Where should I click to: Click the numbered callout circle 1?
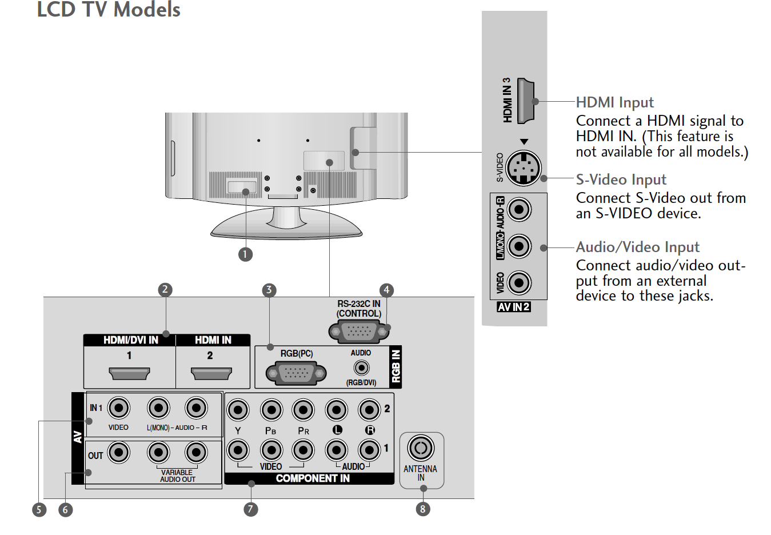click(x=245, y=254)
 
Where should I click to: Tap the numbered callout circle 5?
click(x=39, y=509)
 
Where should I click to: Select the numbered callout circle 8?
click(x=423, y=509)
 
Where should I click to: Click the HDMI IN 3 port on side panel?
click(x=525, y=101)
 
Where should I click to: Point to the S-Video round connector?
click(x=524, y=168)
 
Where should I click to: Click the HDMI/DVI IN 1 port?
click(x=129, y=374)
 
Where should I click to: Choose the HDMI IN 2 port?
click(x=211, y=374)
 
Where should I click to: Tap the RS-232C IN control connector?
click(x=358, y=331)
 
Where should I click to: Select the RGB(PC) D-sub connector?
click(x=296, y=373)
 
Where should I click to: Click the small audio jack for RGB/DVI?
click(x=361, y=368)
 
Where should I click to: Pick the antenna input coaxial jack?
click(x=421, y=448)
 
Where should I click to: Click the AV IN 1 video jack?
click(x=119, y=408)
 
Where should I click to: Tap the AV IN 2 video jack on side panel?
click(x=519, y=283)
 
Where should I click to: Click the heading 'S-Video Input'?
click(x=621, y=179)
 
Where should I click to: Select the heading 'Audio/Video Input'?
click(x=637, y=247)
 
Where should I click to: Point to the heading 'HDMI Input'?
click(x=614, y=102)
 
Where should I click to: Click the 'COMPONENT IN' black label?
click(x=312, y=478)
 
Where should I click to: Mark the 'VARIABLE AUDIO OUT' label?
click(x=177, y=476)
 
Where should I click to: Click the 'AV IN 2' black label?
click(x=514, y=307)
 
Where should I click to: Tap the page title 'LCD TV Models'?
click(x=109, y=10)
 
